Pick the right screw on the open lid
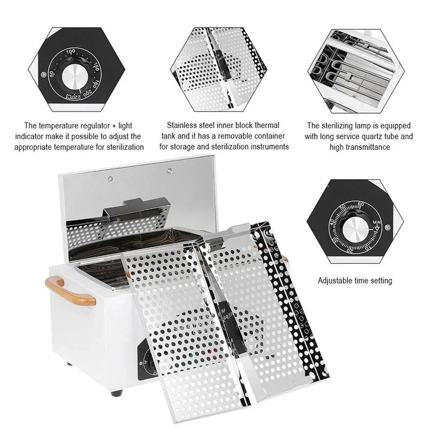click(170, 171)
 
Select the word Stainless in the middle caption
click(185, 126)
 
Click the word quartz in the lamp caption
click(375, 136)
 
